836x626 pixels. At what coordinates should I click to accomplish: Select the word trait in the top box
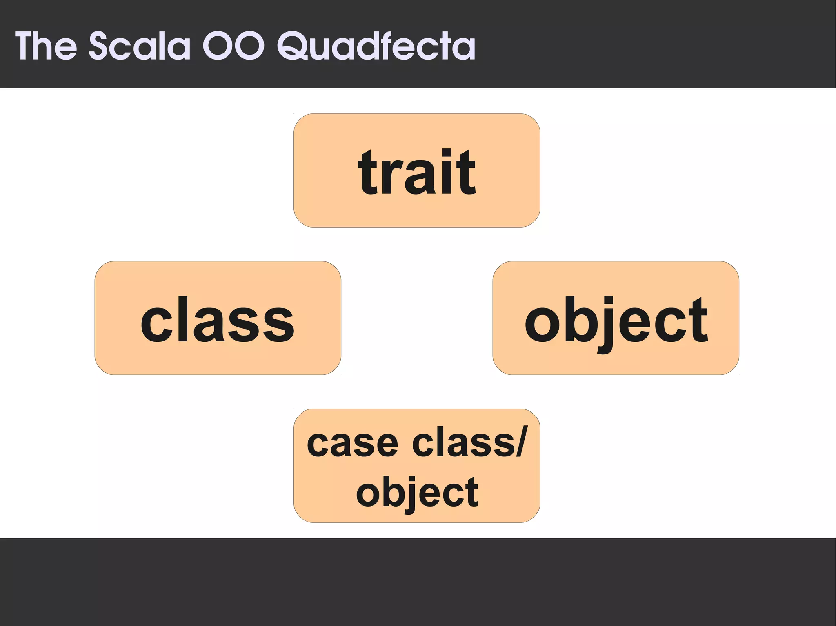tap(417, 172)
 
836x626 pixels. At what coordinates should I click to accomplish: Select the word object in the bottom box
tap(417, 493)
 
